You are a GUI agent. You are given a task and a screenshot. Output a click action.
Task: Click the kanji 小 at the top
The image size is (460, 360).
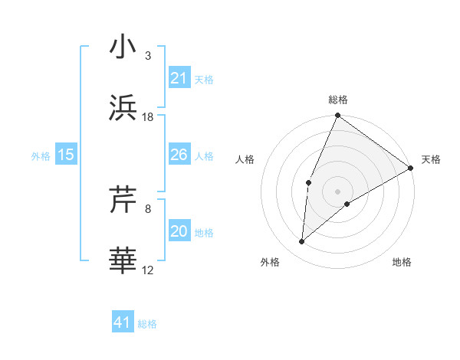(x=123, y=47)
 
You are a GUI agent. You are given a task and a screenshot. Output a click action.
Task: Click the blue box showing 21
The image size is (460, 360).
(x=179, y=78)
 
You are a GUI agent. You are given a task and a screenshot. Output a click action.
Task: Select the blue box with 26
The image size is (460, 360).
(x=179, y=155)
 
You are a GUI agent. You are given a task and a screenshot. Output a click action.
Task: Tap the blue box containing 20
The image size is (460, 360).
(x=179, y=232)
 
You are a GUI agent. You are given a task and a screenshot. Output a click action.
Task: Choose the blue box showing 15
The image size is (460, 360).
(x=66, y=155)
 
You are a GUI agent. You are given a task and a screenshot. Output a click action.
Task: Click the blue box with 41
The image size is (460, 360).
(x=123, y=323)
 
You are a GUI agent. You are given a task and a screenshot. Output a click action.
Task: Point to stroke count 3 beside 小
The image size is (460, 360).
(x=148, y=55)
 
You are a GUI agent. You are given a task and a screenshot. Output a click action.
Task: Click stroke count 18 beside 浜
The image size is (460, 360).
(x=148, y=117)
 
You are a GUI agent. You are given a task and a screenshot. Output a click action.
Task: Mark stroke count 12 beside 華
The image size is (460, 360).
(x=148, y=270)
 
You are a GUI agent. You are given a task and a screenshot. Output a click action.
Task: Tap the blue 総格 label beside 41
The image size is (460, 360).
(x=147, y=324)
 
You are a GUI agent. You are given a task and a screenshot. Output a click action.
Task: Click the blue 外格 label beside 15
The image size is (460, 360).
(x=41, y=155)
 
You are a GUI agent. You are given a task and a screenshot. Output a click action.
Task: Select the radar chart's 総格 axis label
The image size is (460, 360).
(x=338, y=100)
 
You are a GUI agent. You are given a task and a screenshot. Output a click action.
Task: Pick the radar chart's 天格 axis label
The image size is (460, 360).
(x=431, y=159)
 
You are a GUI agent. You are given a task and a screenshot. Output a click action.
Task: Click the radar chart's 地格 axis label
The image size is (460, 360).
(x=402, y=263)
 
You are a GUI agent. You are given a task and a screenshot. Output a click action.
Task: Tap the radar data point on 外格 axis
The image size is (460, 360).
(x=302, y=242)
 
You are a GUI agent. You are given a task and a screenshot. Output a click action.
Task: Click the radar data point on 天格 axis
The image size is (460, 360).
(x=411, y=168)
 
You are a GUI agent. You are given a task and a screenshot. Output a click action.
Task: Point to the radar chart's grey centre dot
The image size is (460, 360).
(x=338, y=191)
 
